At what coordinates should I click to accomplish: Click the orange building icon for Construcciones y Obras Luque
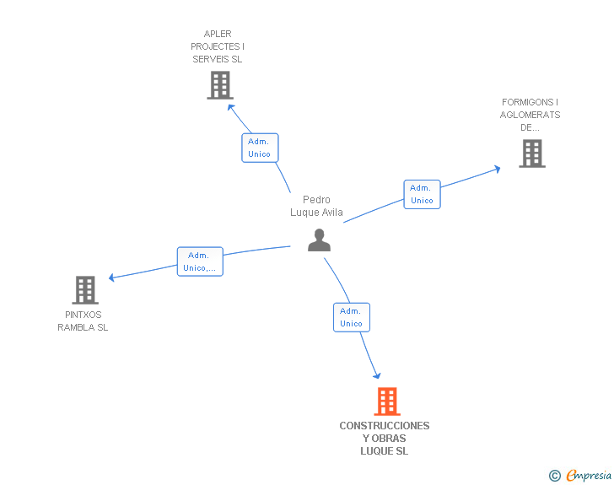pos(387,401)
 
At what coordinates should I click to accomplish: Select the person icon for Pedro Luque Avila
pos(319,240)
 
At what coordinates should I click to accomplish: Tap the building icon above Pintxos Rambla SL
pos(85,290)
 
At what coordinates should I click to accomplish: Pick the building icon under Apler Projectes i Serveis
pos(220,85)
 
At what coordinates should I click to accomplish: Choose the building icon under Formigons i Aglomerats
pos(532,154)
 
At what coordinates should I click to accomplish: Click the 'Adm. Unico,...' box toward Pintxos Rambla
pos(200,261)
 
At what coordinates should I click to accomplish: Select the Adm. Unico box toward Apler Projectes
pos(260,148)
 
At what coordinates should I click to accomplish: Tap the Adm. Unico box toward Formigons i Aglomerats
pos(422,194)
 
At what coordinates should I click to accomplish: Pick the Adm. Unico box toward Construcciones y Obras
pos(352,317)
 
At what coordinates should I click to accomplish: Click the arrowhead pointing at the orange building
pos(377,375)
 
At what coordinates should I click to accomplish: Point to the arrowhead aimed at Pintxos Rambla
pos(111,278)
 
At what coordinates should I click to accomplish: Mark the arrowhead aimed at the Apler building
pos(231,107)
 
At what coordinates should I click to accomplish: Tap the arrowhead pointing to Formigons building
pos(497,169)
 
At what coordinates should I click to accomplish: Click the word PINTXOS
pos(83,315)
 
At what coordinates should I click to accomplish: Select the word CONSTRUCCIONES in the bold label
pos(385,426)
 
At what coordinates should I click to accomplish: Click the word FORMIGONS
pos(527,102)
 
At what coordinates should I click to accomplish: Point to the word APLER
pos(218,34)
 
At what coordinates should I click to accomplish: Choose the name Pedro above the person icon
pos(316,199)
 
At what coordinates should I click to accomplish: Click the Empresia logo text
pos(589,475)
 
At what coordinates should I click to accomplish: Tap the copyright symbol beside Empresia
pos(555,476)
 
